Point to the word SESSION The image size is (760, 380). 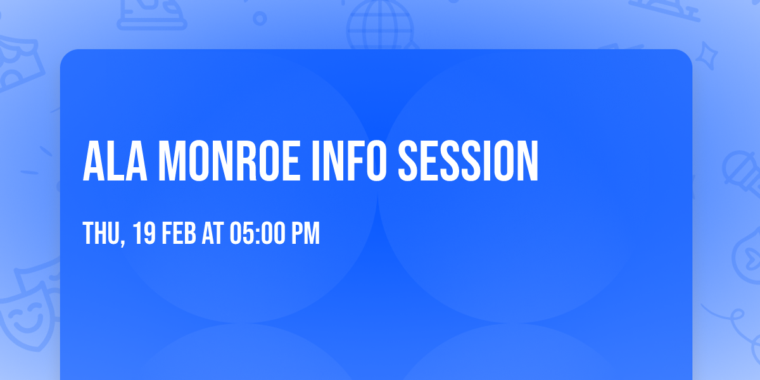[468, 161]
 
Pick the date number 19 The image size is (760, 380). [144, 234]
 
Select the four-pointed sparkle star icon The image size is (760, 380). [711, 56]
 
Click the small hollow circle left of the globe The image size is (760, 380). [260, 18]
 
